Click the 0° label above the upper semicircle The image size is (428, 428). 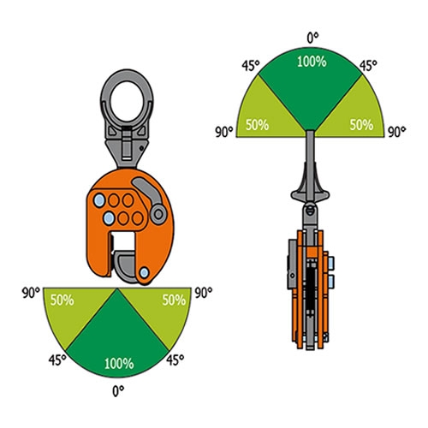pos(312,39)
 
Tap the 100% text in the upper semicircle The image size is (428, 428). pos(312,62)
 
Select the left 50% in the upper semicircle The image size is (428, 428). pos(257,125)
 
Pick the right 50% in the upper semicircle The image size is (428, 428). pos(361,125)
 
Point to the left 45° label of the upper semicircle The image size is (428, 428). pos(251,66)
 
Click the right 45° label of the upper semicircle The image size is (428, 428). pos(368,66)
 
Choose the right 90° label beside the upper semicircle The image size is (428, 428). pos(397,132)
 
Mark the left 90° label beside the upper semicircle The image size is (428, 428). pos(224,132)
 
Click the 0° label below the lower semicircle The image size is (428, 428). pos(118,391)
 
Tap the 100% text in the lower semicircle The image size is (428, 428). pos(119,364)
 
